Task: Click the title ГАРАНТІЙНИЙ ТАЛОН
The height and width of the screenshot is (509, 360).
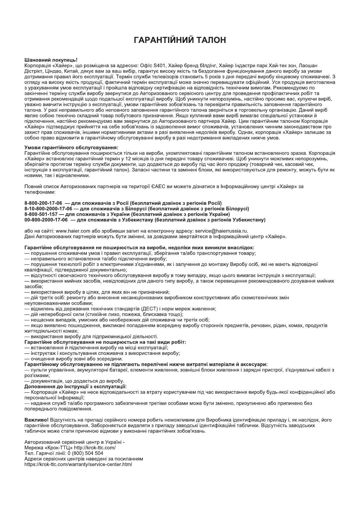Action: click(180, 40)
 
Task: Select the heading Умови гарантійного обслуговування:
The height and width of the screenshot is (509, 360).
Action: click(71, 148)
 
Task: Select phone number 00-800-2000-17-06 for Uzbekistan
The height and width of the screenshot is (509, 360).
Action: click(46, 220)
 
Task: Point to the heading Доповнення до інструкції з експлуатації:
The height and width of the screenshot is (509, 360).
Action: click(75, 387)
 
